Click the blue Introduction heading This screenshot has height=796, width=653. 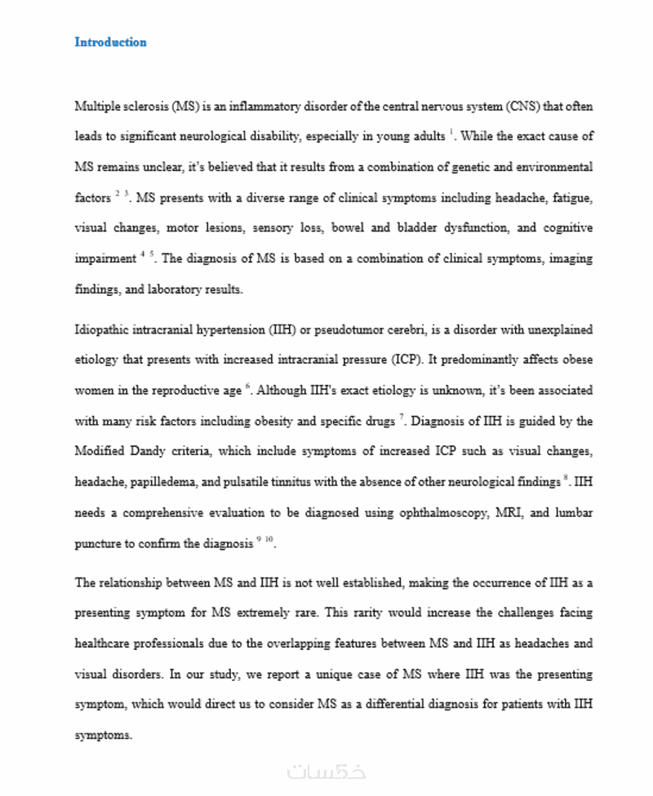tap(110, 42)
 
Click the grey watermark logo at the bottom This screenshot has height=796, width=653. tap(326, 771)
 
